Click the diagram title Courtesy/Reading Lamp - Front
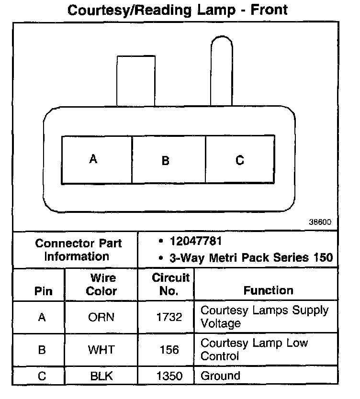(x=178, y=11)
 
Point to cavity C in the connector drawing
(x=240, y=160)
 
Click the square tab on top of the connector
(x=136, y=80)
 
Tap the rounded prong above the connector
(x=221, y=72)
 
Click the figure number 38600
(x=320, y=223)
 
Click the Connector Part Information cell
(x=78, y=250)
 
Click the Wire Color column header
(x=101, y=284)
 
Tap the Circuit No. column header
(x=170, y=284)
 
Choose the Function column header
(x=268, y=290)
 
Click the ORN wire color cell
(x=101, y=317)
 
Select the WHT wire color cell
(x=101, y=350)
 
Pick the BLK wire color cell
(x=101, y=376)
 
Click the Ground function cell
(x=220, y=376)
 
